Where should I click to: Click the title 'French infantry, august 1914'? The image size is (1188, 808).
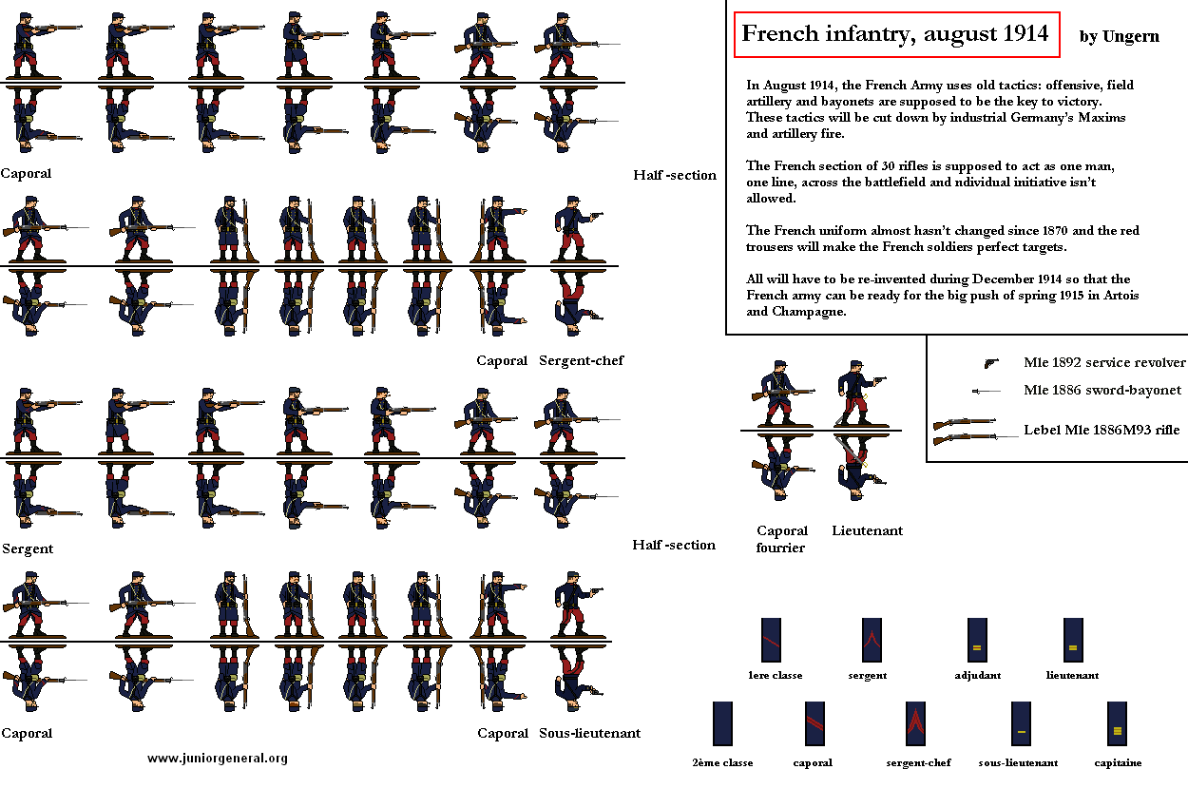click(x=894, y=34)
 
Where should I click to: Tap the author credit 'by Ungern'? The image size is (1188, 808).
click(x=1119, y=37)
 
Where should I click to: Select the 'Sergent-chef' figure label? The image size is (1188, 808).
click(x=581, y=360)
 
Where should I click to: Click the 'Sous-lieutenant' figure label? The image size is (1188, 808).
click(x=589, y=733)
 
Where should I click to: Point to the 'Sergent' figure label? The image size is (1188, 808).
click(x=28, y=548)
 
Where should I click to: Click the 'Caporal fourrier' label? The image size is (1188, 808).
click(x=782, y=539)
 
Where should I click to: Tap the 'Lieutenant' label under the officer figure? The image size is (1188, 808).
click(x=867, y=530)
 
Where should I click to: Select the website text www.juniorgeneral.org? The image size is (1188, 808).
click(x=218, y=758)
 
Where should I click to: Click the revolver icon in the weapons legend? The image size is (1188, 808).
click(x=991, y=362)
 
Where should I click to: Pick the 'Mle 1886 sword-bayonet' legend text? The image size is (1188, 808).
click(x=1102, y=390)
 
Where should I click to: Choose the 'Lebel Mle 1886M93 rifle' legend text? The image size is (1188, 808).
click(x=1104, y=430)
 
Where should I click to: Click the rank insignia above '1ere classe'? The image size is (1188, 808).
click(x=771, y=640)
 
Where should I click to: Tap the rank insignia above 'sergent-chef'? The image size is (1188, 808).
click(x=915, y=723)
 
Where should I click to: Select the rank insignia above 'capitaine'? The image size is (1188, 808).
click(x=1117, y=723)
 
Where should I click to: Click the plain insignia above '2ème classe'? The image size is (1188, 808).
click(x=721, y=723)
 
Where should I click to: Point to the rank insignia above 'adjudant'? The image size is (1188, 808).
click(x=976, y=640)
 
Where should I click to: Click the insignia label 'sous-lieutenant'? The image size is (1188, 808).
click(x=1018, y=762)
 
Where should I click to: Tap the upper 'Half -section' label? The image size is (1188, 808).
click(x=675, y=175)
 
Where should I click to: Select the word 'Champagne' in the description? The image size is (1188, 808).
click(x=808, y=312)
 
